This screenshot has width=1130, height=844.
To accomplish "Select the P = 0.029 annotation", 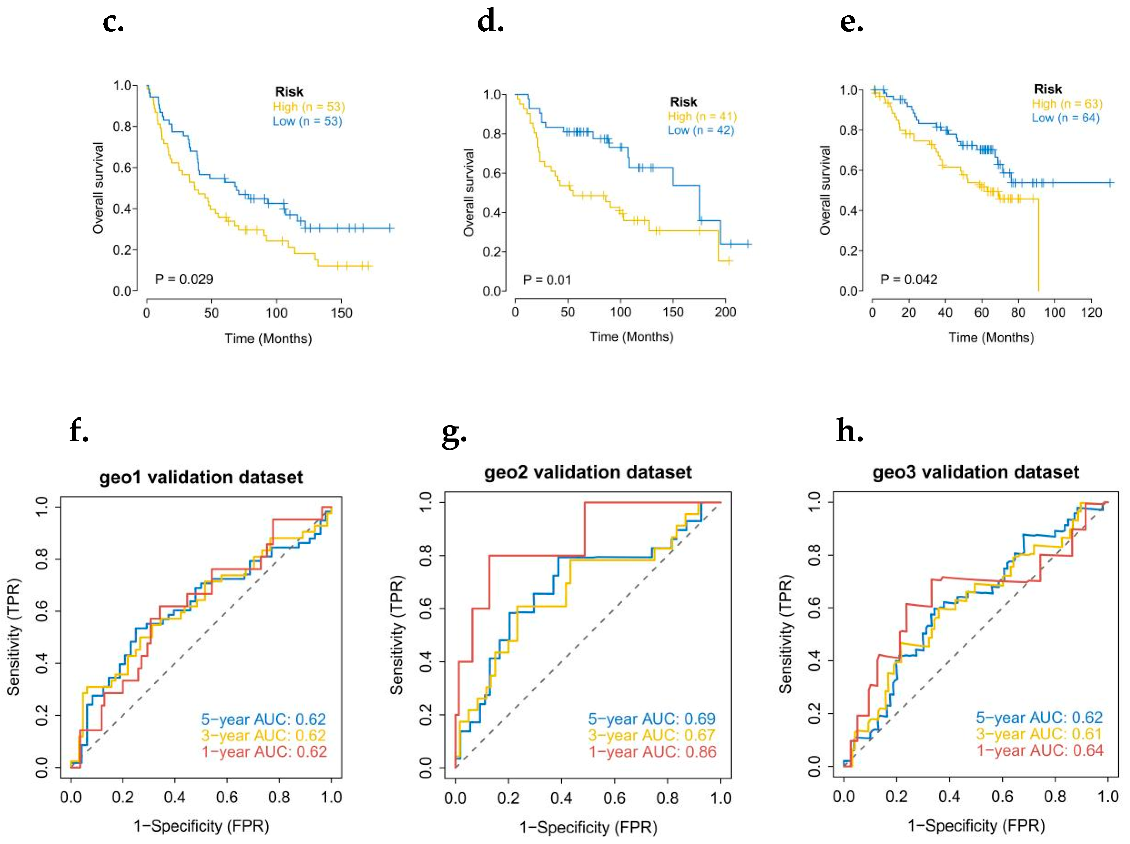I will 184,279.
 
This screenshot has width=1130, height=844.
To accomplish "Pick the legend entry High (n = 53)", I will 309,107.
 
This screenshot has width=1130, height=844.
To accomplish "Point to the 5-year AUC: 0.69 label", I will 651,719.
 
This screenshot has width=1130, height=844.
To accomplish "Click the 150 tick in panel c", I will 341,313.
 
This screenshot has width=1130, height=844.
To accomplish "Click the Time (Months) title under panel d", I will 631,336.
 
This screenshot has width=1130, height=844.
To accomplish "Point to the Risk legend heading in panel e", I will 1048,89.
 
